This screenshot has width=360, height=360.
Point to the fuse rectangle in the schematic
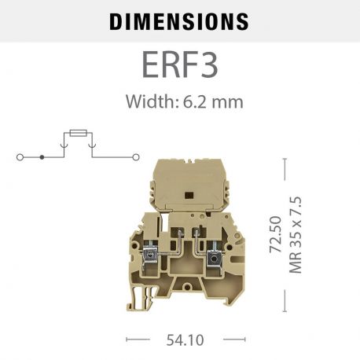coord(76,134)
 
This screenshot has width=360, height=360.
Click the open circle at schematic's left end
coord(20,157)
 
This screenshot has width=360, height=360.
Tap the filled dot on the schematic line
coord(42,157)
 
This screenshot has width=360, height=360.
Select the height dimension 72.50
coord(275,234)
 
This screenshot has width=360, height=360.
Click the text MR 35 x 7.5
coord(296,234)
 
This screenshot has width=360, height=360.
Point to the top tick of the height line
coord(285,160)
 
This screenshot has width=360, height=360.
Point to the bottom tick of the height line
coord(285,310)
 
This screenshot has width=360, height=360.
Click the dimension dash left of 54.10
coord(138,340)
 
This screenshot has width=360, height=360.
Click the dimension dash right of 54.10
coord(223,340)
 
